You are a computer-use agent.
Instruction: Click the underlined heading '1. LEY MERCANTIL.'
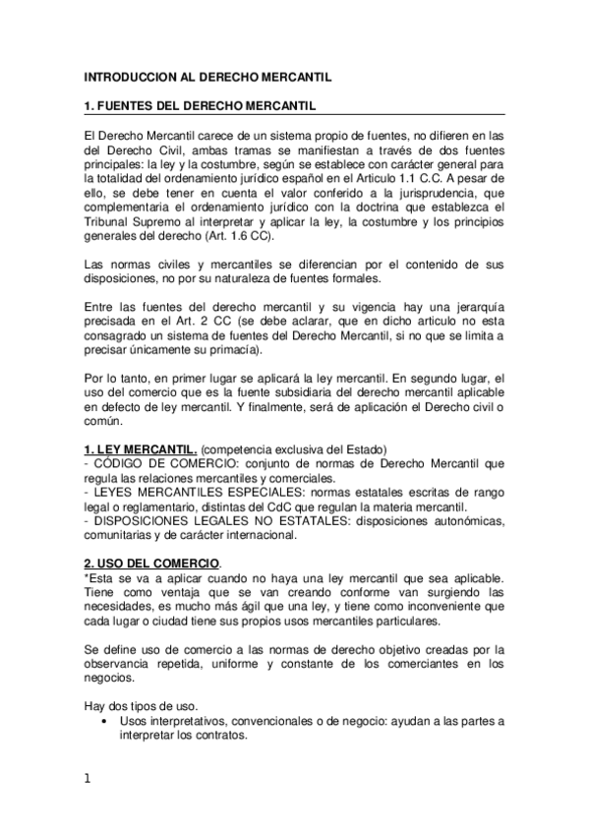coord(141,448)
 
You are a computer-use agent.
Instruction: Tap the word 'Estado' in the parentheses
coord(367,448)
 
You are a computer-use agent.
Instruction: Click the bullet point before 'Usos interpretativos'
coord(103,721)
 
